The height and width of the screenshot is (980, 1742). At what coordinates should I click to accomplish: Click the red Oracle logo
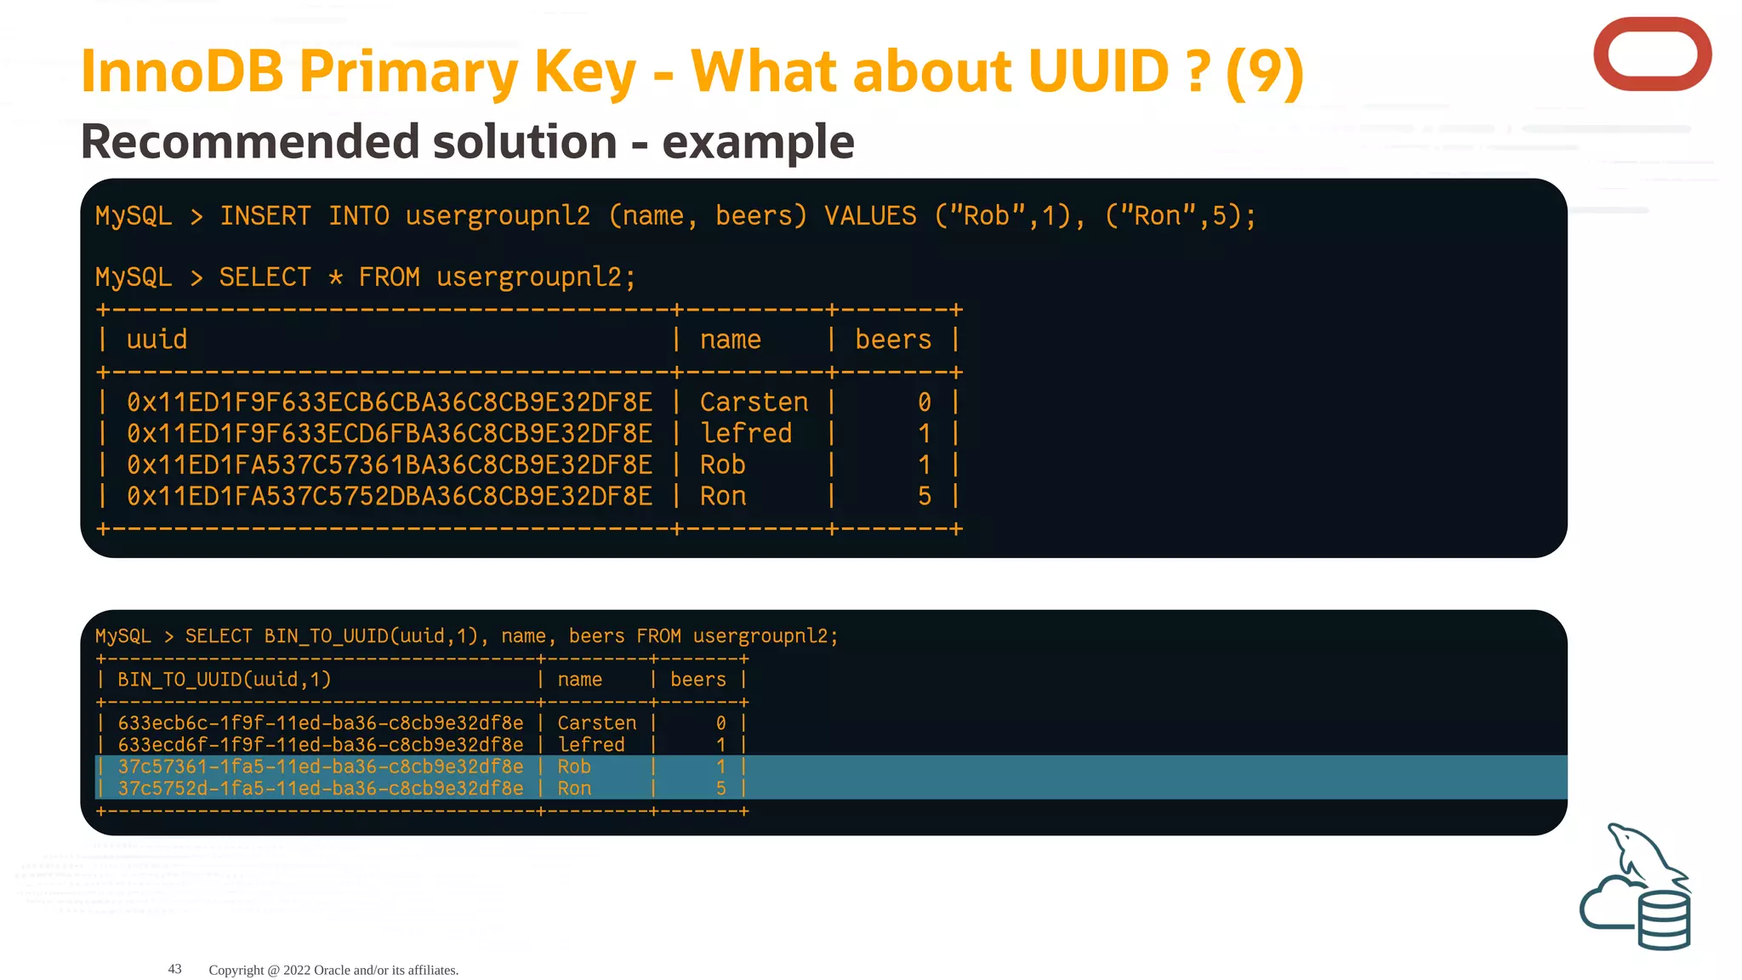click(1651, 54)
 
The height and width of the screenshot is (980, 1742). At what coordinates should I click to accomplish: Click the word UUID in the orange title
click(1098, 71)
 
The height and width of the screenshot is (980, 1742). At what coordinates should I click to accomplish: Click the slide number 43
click(174, 969)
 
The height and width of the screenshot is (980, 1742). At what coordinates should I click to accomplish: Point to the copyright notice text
click(333, 970)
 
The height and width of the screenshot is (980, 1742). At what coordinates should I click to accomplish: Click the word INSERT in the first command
click(265, 216)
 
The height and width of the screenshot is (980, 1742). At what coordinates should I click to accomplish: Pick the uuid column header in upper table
click(157, 339)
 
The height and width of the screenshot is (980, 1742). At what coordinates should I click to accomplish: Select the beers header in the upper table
click(893, 339)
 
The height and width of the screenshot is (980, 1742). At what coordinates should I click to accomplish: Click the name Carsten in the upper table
click(754, 402)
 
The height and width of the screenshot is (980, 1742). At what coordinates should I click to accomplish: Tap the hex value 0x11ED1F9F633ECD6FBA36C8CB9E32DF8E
click(390, 434)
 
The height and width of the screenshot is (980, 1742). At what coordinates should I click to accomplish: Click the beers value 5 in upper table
click(925, 496)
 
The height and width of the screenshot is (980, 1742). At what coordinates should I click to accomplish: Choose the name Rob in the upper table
click(722, 465)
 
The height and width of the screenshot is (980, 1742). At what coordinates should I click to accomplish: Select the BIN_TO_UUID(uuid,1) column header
click(224, 680)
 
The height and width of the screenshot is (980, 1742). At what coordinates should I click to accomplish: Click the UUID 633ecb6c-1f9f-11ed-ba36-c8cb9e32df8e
click(321, 723)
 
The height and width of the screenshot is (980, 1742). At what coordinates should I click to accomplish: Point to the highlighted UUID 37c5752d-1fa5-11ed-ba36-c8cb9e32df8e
click(321, 789)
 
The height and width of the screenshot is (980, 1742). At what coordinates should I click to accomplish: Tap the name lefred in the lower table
click(591, 745)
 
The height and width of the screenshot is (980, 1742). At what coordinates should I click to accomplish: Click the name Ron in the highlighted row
click(574, 789)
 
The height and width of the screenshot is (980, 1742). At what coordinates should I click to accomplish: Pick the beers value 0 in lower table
click(720, 723)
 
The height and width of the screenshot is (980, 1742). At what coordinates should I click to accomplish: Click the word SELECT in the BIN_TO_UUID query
click(219, 636)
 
